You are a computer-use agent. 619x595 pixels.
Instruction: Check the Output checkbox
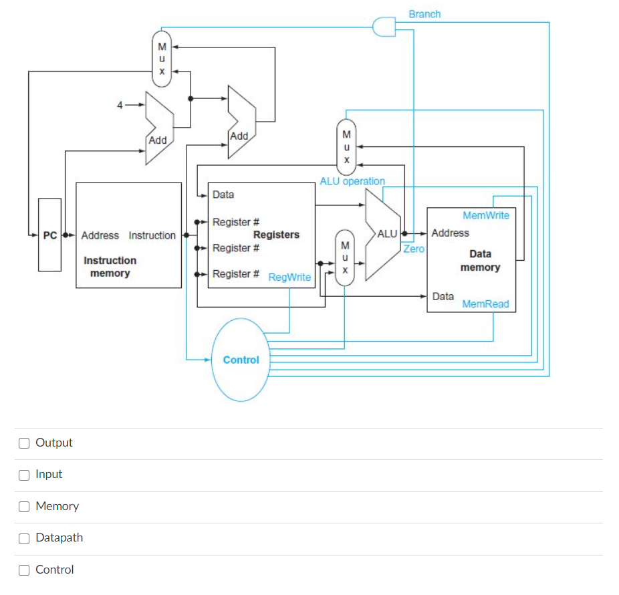tap(24, 443)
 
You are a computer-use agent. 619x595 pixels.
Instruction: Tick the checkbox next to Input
tap(24, 475)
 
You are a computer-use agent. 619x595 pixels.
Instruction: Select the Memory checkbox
tap(24, 506)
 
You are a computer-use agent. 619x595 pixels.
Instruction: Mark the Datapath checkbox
tap(24, 538)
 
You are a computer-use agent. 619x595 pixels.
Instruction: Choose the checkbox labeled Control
tap(24, 570)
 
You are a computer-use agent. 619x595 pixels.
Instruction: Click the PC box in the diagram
tap(49, 235)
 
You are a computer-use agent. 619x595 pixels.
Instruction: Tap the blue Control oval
tap(241, 360)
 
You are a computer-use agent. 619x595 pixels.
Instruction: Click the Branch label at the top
tap(424, 14)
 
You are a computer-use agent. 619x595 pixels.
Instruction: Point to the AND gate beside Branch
tap(383, 27)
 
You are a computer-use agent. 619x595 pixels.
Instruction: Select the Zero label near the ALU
tap(414, 249)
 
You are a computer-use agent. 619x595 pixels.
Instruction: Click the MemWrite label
tap(486, 215)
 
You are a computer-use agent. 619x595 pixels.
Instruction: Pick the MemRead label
tap(486, 304)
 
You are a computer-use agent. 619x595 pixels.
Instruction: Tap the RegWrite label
tap(289, 277)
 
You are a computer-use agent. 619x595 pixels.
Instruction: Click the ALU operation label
tap(352, 181)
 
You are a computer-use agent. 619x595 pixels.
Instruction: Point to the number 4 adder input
tap(120, 105)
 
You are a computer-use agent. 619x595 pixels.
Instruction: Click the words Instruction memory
tap(110, 267)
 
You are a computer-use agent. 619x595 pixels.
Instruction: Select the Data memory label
tap(480, 261)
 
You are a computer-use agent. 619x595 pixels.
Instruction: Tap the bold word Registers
tap(276, 235)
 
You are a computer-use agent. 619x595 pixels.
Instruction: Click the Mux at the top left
tap(162, 59)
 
